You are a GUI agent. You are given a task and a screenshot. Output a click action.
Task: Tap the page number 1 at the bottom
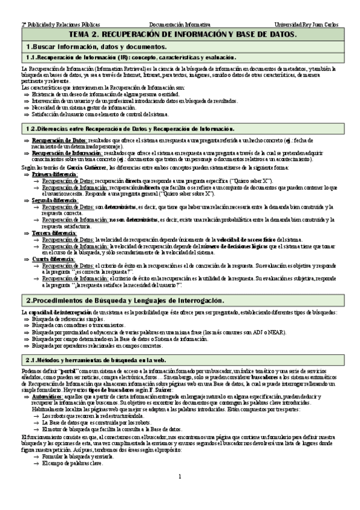(179, 494)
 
